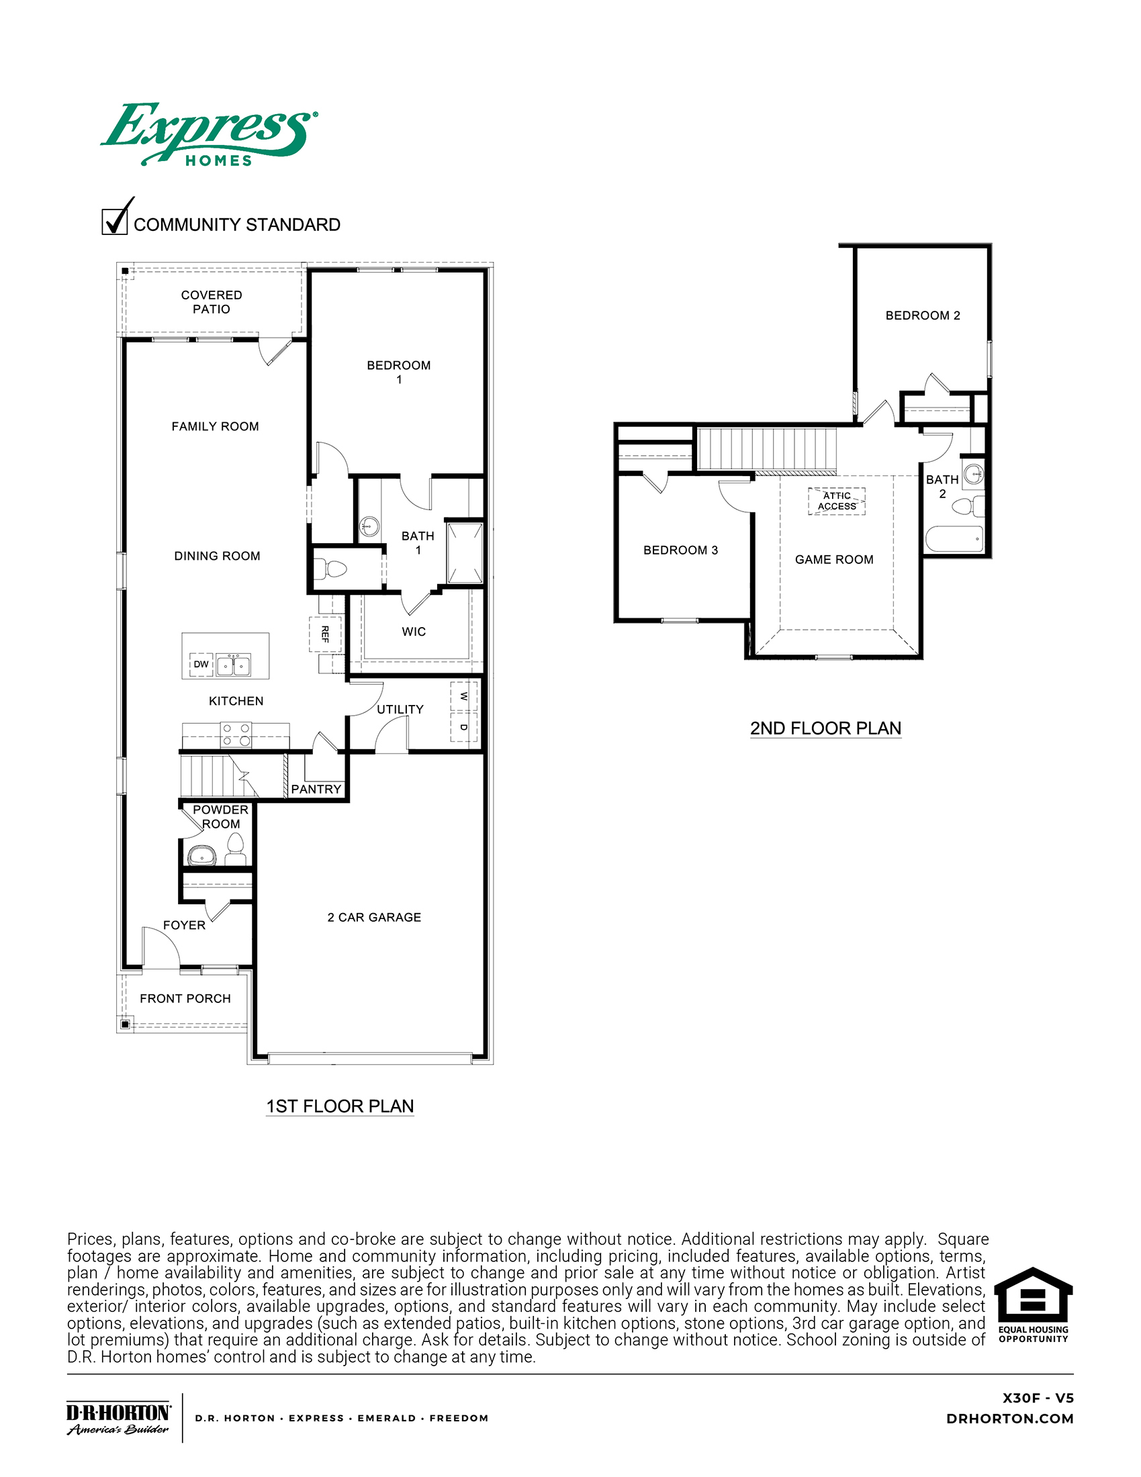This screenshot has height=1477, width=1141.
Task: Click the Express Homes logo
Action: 209,134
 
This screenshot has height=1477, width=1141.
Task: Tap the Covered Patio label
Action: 212,302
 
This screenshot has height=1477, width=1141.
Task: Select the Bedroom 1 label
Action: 399,372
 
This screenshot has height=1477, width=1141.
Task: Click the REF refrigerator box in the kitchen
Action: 325,634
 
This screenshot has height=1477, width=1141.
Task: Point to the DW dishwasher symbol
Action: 201,664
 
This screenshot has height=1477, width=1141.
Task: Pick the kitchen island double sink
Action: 233,665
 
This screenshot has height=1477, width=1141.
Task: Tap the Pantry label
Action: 316,790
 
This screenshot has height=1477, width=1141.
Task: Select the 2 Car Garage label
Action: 374,917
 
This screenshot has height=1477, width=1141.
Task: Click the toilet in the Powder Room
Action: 235,849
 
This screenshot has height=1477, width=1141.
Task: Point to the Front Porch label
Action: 185,998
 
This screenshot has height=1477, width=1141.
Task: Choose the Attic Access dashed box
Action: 837,501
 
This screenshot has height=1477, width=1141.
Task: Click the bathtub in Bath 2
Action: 954,539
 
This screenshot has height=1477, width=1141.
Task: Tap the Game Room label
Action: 834,559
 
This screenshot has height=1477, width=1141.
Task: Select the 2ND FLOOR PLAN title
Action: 825,728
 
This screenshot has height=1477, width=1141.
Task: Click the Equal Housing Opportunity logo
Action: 1034,1305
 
